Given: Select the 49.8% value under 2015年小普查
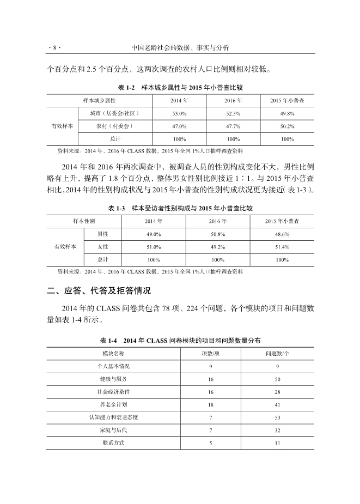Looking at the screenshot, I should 287,113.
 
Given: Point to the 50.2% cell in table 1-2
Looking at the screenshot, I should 287,126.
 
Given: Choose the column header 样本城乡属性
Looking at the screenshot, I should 99,101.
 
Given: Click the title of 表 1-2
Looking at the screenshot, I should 180,87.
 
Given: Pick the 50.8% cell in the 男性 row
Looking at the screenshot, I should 218,234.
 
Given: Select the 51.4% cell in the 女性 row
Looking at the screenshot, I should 282,247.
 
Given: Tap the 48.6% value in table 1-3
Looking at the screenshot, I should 282,234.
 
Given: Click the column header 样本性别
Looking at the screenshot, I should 84,222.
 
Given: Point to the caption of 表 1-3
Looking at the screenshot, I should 180,209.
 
